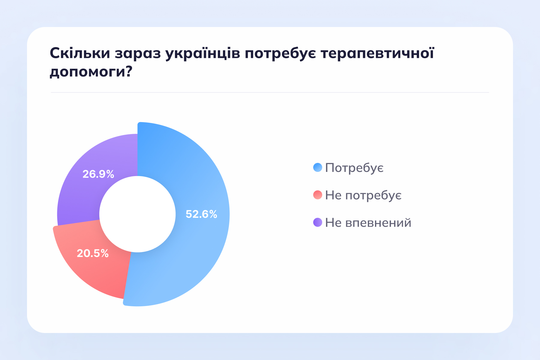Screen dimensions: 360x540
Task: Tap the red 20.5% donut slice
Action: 99,270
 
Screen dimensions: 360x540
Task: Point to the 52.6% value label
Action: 201,214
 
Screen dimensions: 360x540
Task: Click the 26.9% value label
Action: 98,174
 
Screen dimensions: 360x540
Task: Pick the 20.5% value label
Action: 93,253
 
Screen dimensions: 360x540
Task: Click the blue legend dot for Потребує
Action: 317,167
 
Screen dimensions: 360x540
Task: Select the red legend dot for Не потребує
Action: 317,195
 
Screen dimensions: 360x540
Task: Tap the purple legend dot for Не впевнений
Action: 317,222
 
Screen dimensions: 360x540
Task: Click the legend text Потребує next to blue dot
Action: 354,168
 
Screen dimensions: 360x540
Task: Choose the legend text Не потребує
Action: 363,196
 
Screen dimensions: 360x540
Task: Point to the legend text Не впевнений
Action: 368,223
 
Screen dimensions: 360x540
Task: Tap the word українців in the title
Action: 203,53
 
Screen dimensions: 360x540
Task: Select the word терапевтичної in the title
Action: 377,53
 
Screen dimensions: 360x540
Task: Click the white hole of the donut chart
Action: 137,214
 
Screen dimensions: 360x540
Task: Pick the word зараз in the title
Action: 138,53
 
